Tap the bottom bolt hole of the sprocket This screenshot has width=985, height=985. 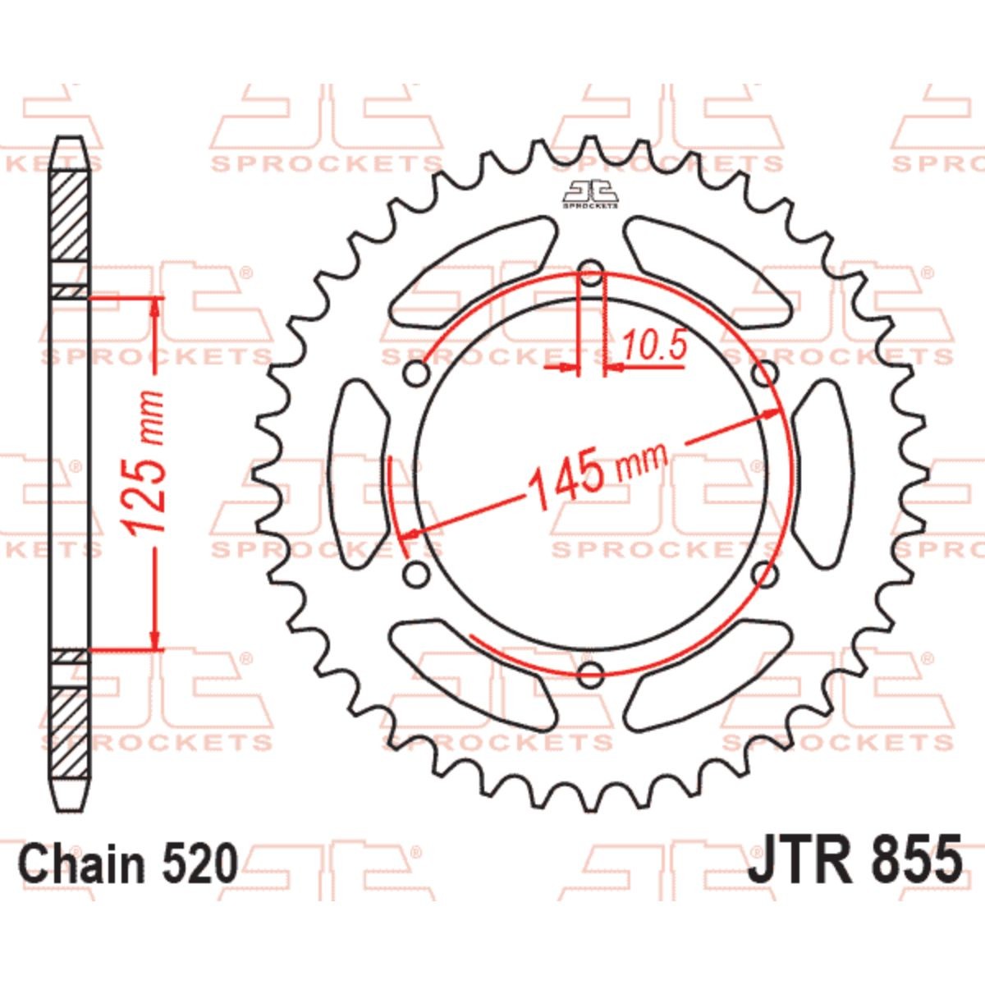tap(591, 675)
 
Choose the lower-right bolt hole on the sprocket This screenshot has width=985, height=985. tap(765, 574)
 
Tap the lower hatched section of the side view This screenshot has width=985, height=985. tap(70, 731)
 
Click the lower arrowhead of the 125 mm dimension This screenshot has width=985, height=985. tap(153, 640)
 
